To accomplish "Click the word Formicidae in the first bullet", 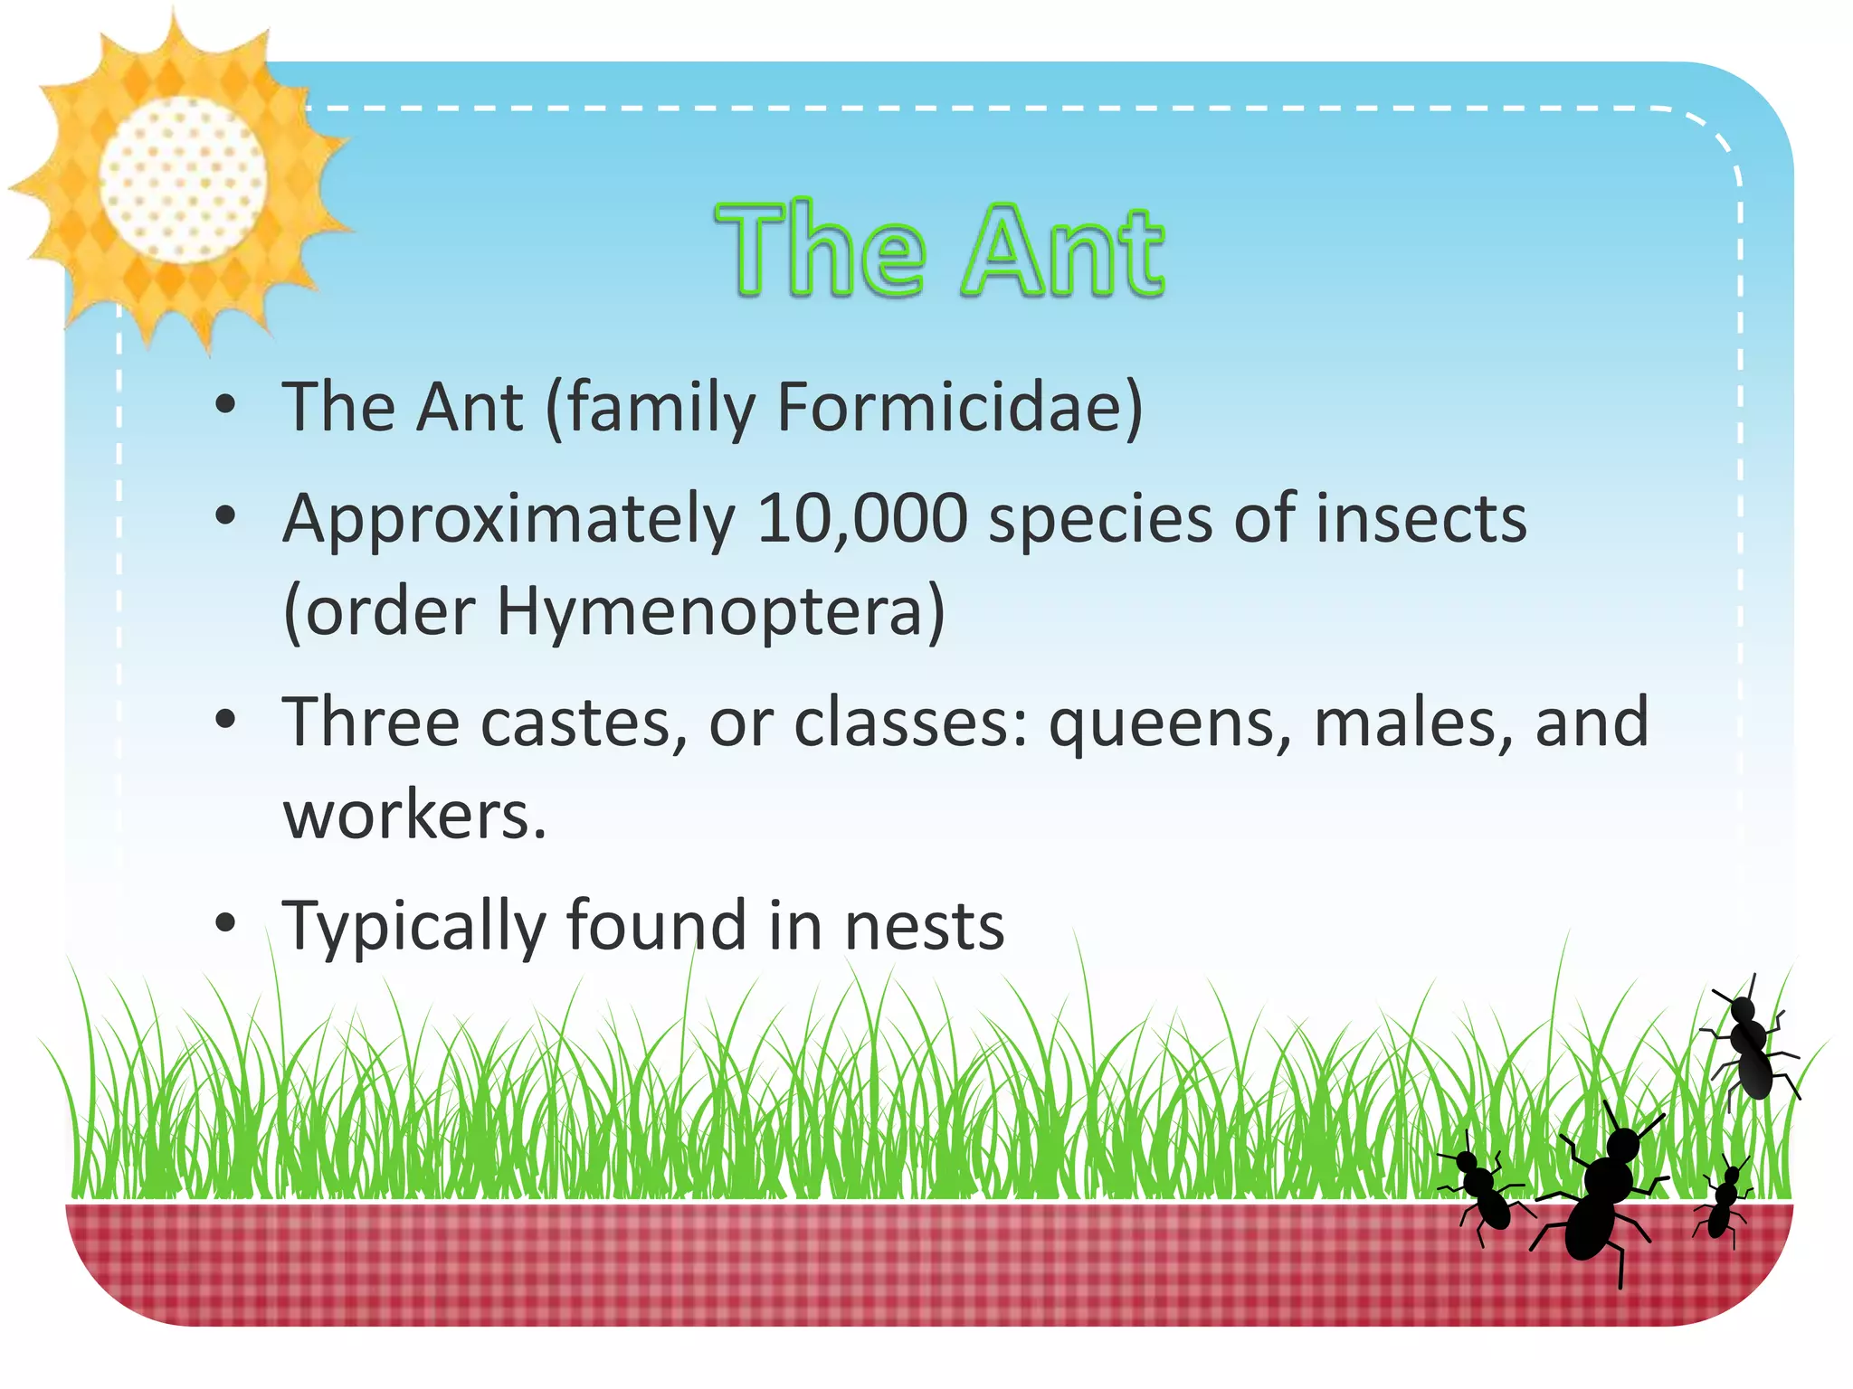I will click(959, 407).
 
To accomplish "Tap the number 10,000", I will click(861, 519).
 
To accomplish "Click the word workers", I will click(414, 816).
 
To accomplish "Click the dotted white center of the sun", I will click(183, 179).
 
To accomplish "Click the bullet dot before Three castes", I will click(226, 721).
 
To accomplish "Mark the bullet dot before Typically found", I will click(226, 923).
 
